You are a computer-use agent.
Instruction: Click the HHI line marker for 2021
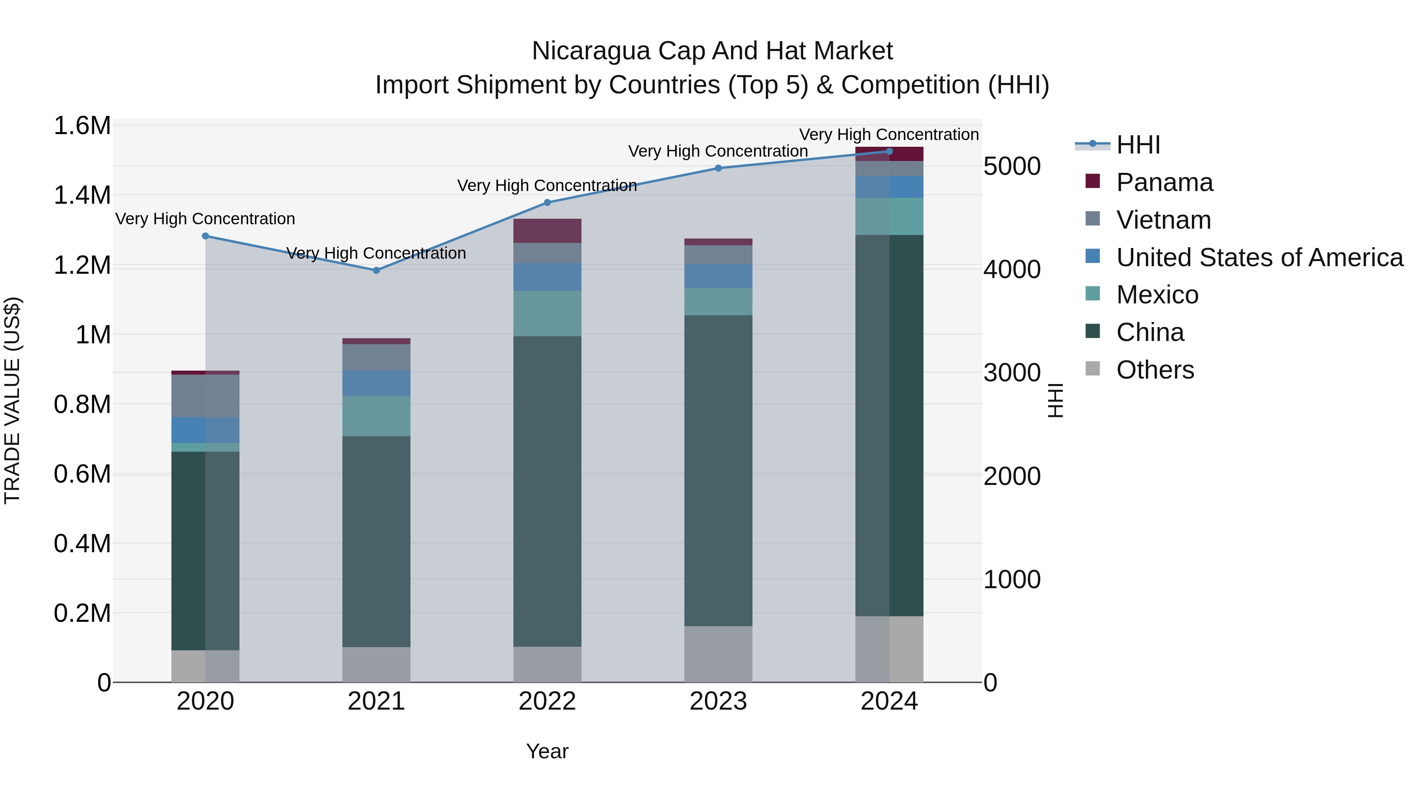click(x=376, y=270)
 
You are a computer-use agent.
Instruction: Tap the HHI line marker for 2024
click(x=889, y=151)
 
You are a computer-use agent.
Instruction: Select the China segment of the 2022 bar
click(x=547, y=491)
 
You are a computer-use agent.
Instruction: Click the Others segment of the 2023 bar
click(x=718, y=654)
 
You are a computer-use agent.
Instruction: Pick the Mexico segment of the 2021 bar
click(x=376, y=416)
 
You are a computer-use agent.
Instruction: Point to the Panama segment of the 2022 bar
click(x=547, y=231)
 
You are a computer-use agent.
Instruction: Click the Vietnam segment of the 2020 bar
click(x=205, y=396)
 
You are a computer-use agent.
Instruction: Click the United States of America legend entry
click(x=1259, y=258)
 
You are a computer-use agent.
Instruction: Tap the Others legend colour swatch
click(x=1092, y=369)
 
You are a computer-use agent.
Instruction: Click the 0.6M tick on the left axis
click(x=82, y=474)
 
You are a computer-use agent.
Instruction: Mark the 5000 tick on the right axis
click(x=1012, y=167)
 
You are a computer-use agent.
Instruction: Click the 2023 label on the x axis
click(x=718, y=701)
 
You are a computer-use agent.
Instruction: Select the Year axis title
click(x=547, y=751)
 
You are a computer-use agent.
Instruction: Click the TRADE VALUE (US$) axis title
click(x=12, y=400)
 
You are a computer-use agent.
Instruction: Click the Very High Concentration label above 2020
click(x=205, y=219)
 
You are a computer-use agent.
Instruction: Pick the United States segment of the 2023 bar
click(x=718, y=276)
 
